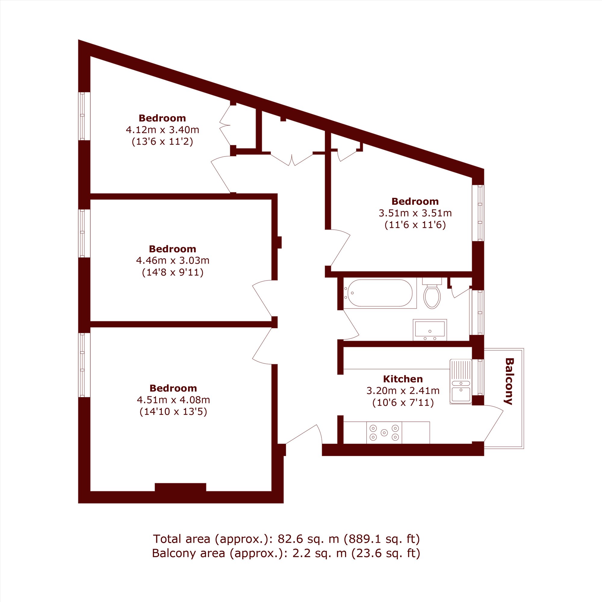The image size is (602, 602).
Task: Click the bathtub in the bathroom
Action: pos(380,293)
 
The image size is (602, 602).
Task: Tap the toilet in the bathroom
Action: pos(432,293)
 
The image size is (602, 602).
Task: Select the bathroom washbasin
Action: pos(430,330)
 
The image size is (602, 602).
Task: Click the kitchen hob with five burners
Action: pos(384,433)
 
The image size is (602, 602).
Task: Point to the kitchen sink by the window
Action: pos(461,382)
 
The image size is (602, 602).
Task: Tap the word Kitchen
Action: pos(403,379)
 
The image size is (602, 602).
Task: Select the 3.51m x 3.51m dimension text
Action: pos(415,213)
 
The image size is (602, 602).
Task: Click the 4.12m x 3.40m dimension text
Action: pos(162,130)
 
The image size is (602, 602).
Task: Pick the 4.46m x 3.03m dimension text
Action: pos(172,260)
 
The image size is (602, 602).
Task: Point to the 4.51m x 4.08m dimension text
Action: pos(173,399)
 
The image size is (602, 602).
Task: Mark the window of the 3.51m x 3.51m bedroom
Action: pos(478,213)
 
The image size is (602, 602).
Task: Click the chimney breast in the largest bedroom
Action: pos(180,487)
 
